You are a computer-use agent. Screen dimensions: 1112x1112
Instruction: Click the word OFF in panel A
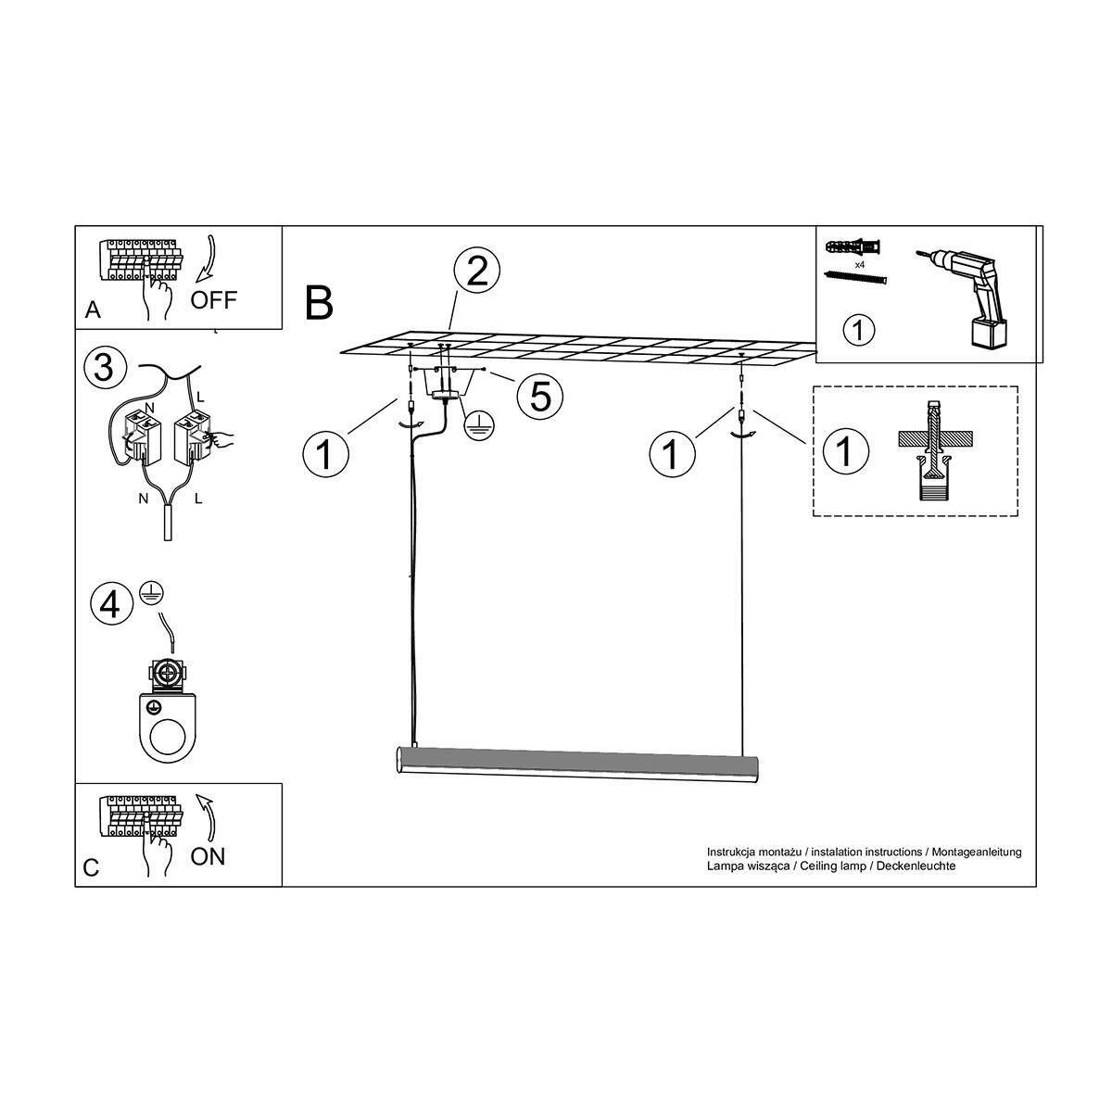[x=213, y=300]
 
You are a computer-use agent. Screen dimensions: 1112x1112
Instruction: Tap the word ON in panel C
[x=208, y=857]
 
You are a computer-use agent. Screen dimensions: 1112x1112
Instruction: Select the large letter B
[x=319, y=303]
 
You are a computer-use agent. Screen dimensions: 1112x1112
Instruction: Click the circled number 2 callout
[x=476, y=272]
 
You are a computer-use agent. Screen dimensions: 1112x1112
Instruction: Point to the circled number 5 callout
[x=540, y=396]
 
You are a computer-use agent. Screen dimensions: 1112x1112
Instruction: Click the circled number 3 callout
[x=104, y=368]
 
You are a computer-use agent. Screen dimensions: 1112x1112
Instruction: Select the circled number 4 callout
[x=111, y=606]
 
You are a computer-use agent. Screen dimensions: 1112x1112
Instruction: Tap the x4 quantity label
[x=859, y=265]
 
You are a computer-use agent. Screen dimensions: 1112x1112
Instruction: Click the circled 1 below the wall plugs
[x=859, y=330]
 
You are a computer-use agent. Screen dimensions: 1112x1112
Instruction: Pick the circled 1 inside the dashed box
[x=845, y=450]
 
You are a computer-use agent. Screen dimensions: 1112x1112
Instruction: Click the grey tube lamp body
[x=576, y=765]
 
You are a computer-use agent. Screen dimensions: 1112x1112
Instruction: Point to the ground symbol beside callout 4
[x=151, y=593]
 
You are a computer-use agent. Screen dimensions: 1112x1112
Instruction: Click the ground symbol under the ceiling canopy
[x=479, y=428]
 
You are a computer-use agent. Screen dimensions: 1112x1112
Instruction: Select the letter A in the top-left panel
[x=93, y=310]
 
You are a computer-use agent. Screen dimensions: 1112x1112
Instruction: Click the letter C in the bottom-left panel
[x=91, y=868]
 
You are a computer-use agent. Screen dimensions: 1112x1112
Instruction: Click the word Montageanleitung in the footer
[x=977, y=852]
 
